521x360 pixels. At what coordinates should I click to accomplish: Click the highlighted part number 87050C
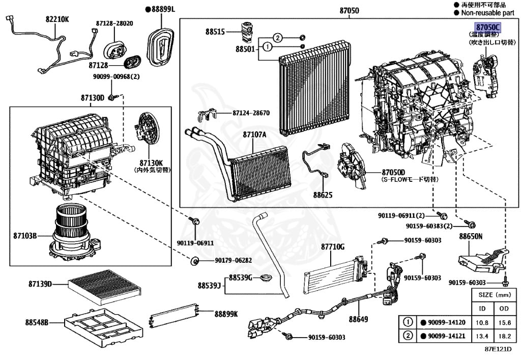(x=488, y=27)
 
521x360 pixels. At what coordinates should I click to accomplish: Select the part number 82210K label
(x=57, y=20)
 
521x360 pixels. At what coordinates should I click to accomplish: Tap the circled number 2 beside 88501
(x=277, y=37)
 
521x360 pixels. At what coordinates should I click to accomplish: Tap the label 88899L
(x=160, y=9)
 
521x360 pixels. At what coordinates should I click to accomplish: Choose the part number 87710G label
(x=332, y=247)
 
